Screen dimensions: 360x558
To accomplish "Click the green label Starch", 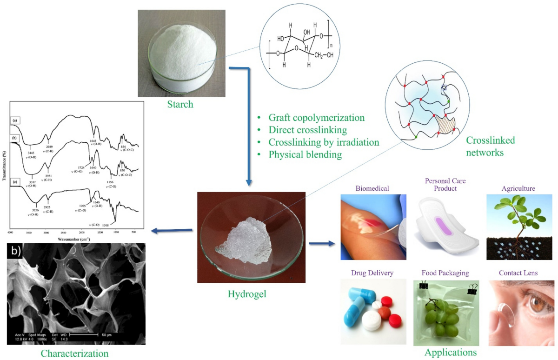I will point(180,104).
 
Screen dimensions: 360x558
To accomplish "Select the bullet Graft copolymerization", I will point(317,117).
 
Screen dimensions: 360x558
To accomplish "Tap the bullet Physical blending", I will point(306,154).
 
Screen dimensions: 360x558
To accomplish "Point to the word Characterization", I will point(74,353).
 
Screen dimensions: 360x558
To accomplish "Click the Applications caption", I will point(451,352).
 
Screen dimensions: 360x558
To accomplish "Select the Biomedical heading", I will point(372,189).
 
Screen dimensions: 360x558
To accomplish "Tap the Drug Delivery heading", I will point(372,273).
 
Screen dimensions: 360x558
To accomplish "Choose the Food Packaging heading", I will point(445,273).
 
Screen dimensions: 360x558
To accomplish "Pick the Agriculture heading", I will point(518,189).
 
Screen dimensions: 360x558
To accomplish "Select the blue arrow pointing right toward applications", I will point(321,243).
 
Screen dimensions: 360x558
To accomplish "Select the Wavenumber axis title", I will point(74,239).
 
